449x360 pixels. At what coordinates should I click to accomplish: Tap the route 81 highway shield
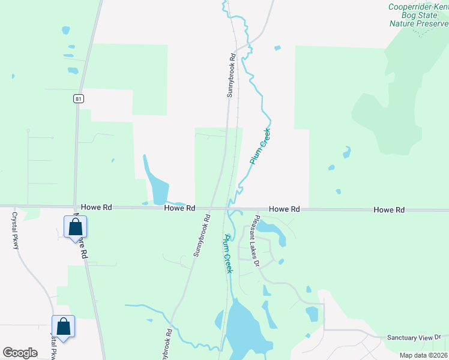click(x=79, y=98)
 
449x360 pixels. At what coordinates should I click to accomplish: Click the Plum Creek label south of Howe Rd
click(x=228, y=254)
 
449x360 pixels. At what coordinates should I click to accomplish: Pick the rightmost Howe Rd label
click(x=389, y=209)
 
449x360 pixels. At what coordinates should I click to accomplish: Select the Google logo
click(x=20, y=353)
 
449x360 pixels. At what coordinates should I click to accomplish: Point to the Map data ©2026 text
click(x=424, y=355)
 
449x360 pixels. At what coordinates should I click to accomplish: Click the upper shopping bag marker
click(x=76, y=227)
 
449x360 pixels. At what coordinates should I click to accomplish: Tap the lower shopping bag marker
click(x=63, y=327)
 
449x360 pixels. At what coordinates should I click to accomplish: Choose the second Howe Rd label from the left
click(x=180, y=208)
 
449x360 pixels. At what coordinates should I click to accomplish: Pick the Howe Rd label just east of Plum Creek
click(x=284, y=209)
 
